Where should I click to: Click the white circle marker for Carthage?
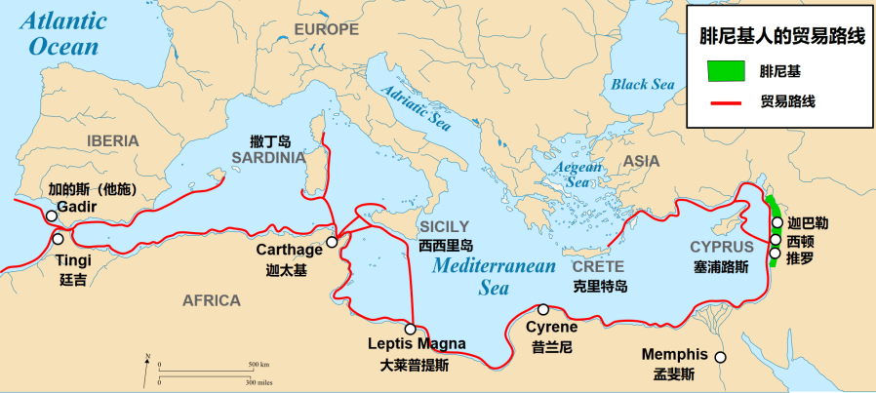click(332, 242)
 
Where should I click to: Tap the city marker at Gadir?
click(52, 216)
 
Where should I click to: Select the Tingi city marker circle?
click(58, 239)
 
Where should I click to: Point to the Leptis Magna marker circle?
click(411, 329)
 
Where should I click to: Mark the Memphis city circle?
click(720, 357)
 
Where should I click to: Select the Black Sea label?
click(643, 84)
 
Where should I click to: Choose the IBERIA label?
click(113, 140)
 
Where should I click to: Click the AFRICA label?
click(211, 299)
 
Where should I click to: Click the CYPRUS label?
click(721, 247)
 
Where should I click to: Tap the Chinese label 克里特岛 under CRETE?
click(600, 286)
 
